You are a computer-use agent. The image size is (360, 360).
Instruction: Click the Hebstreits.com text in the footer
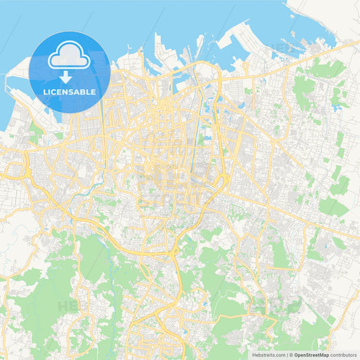point(268,354)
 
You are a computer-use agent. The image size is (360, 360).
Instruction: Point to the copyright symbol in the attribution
point(291,354)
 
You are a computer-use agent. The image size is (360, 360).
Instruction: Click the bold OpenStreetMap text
point(311,354)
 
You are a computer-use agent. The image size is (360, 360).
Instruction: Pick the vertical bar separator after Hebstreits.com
point(286,354)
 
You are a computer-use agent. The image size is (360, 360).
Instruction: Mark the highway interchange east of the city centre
point(221,180)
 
